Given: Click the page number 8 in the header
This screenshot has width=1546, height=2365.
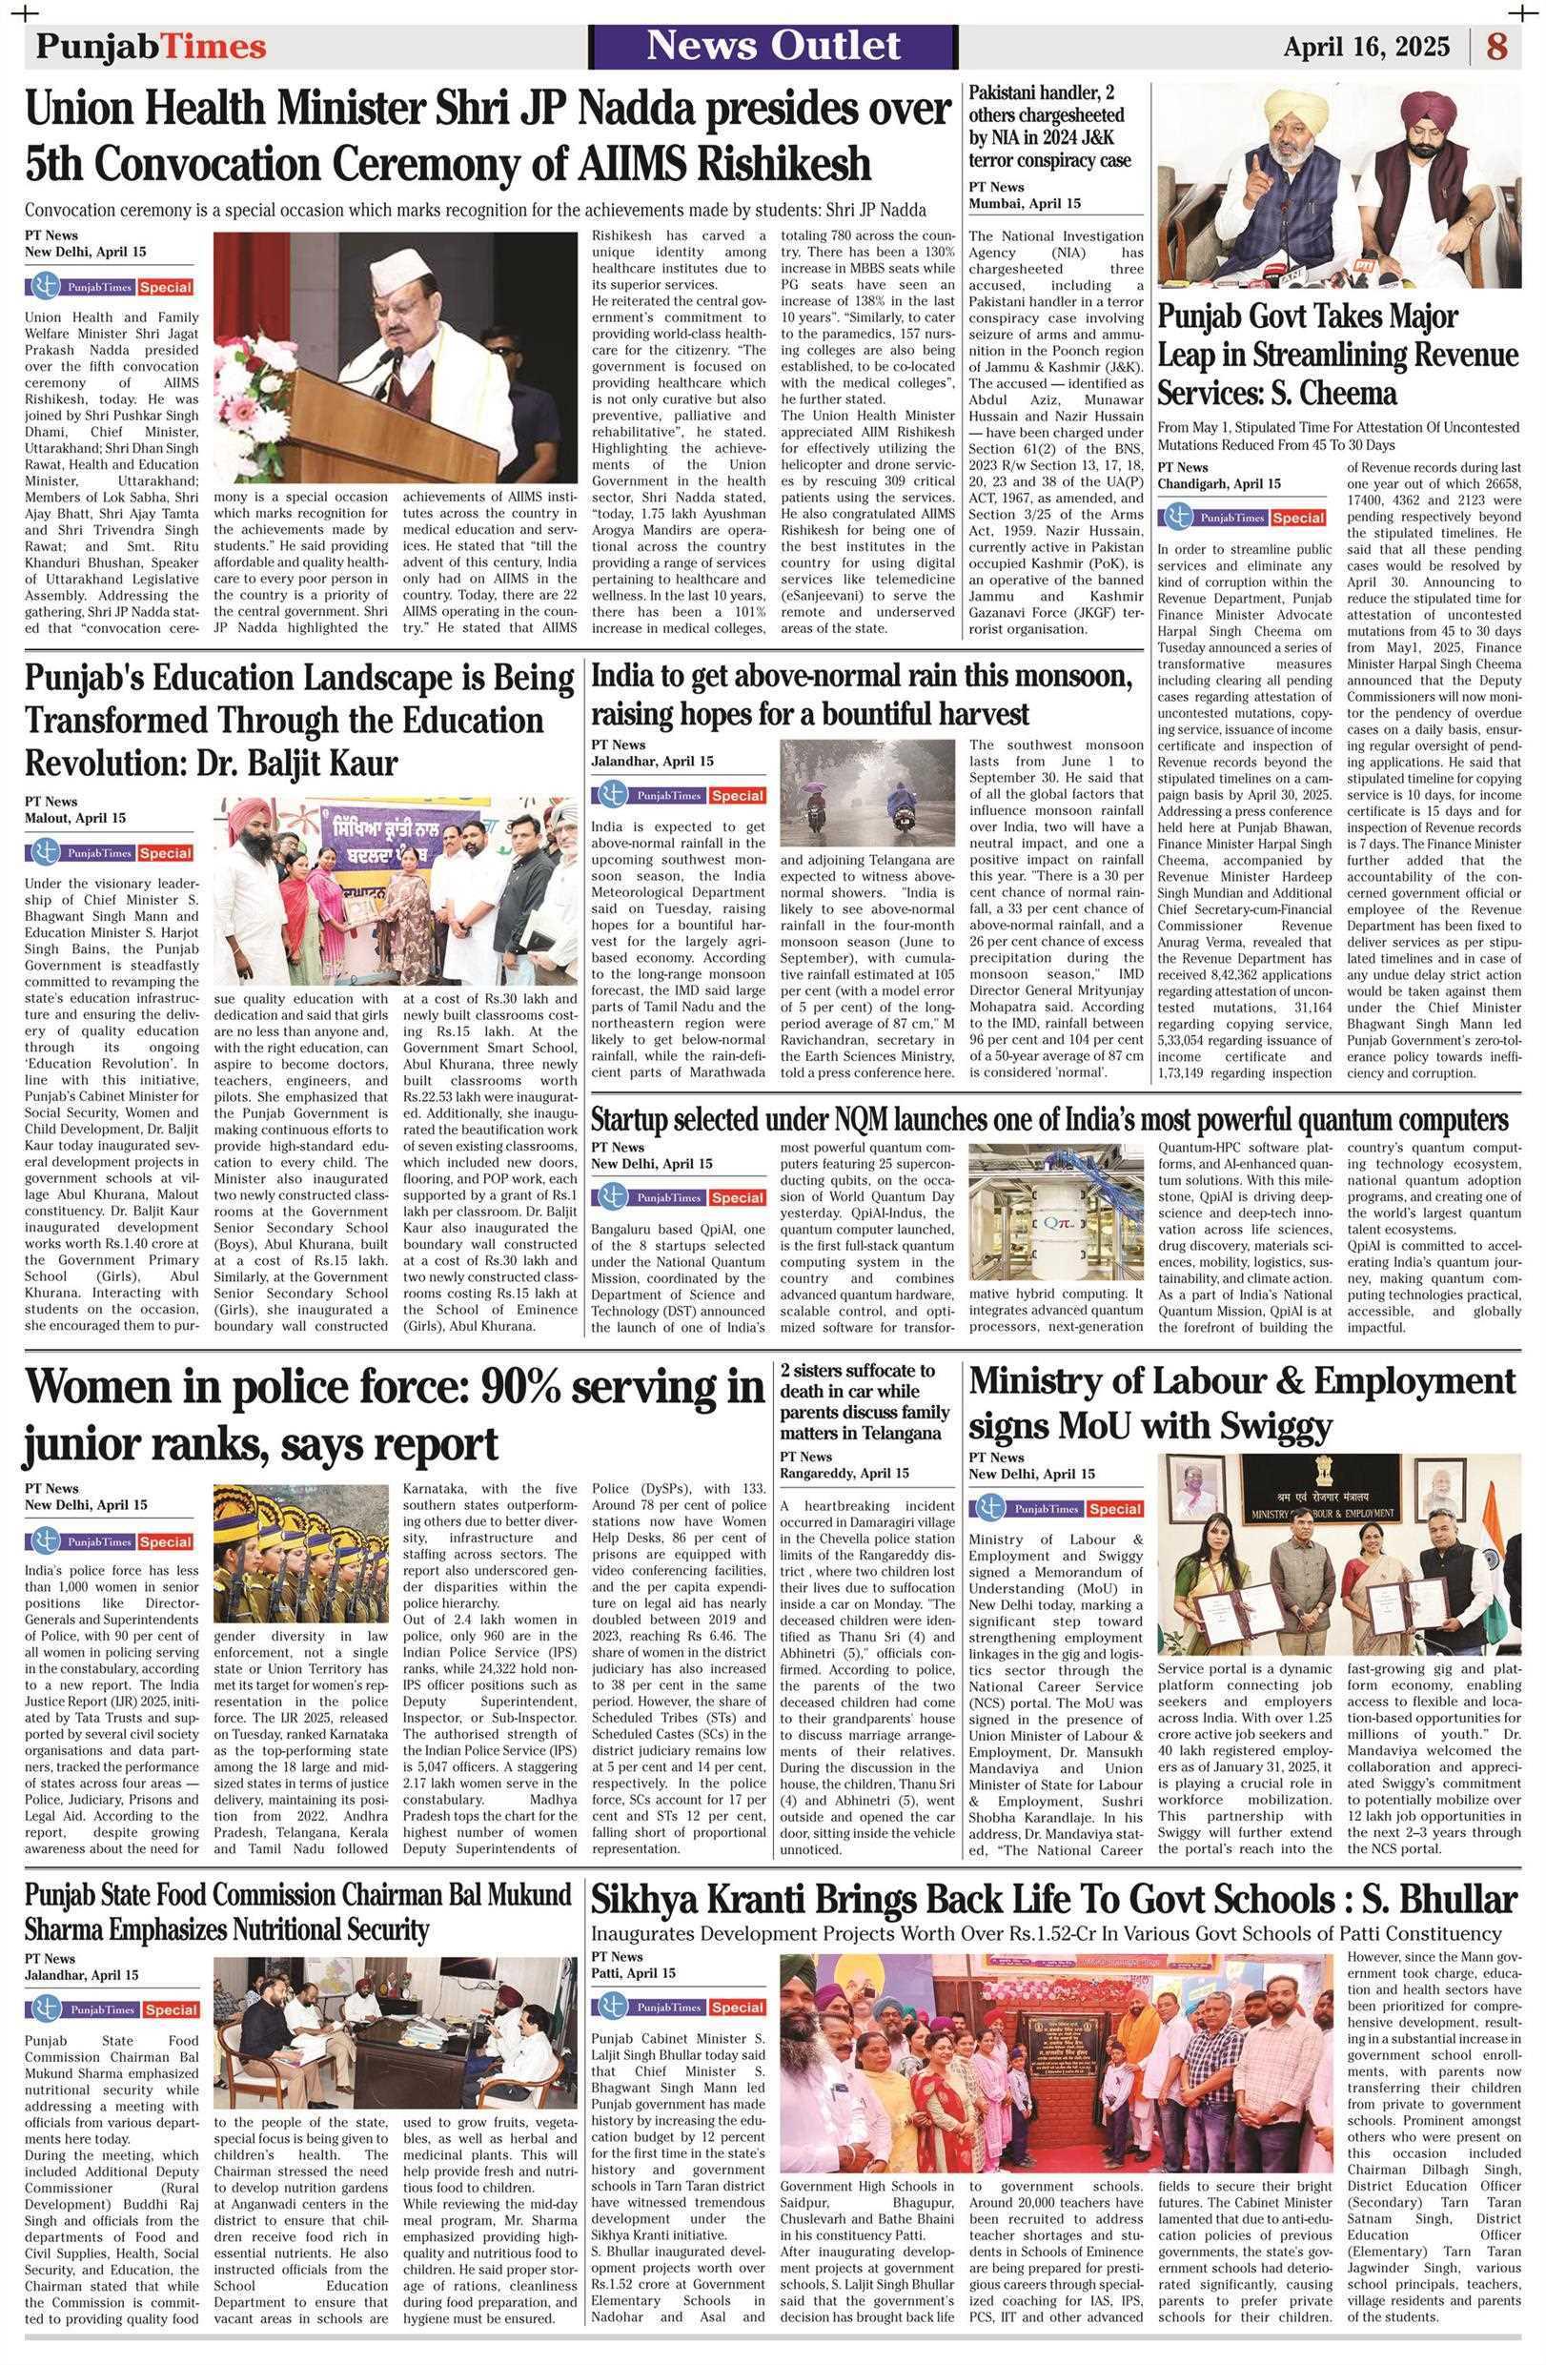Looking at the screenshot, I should (1496, 47).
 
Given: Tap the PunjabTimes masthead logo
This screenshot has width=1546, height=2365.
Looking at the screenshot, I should (151, 47).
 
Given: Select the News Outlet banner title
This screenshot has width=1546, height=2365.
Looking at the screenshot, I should (774, 46).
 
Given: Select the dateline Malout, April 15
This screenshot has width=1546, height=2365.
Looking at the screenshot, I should (75, 818).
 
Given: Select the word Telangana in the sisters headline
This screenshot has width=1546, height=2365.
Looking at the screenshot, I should (901, 1433).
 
